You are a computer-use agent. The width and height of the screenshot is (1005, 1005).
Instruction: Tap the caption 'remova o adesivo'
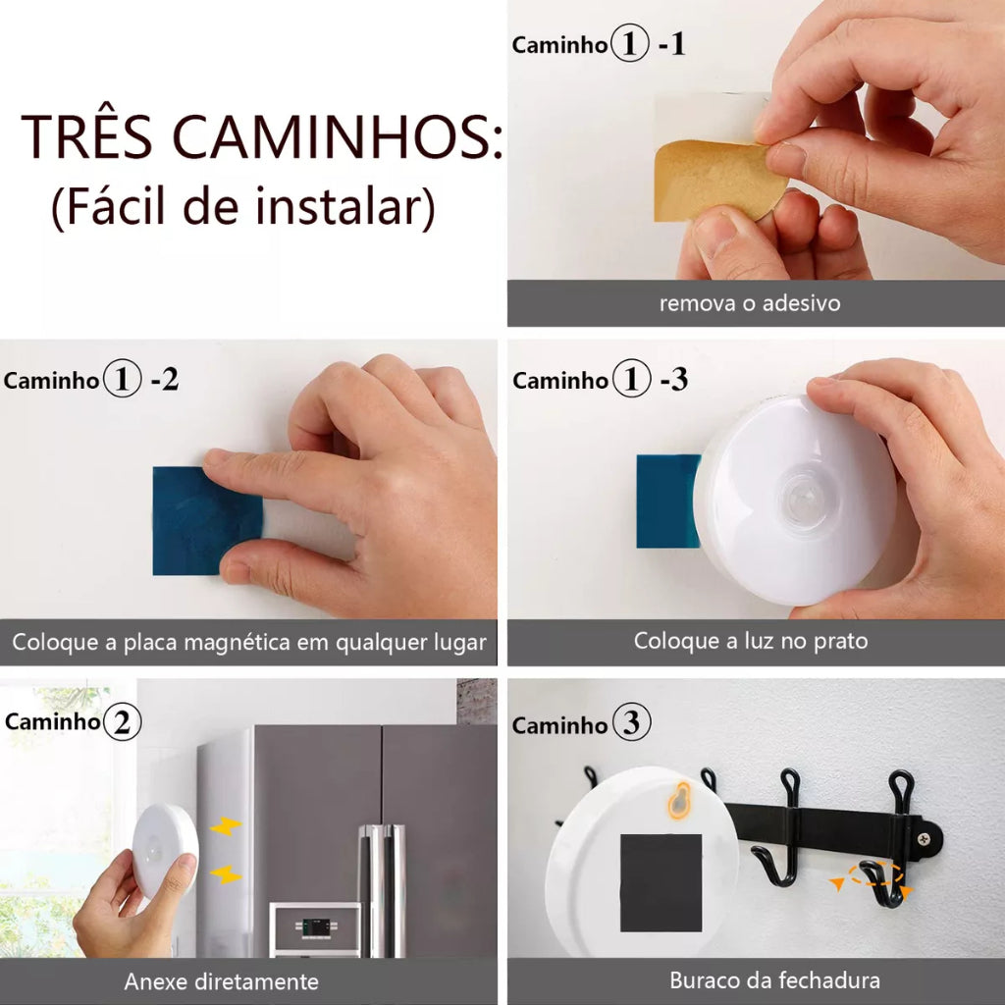coord(750,303)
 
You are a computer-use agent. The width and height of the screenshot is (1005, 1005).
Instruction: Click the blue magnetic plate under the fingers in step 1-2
coord(206,520)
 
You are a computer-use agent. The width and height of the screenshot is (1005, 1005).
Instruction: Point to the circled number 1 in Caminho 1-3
coord(631,378)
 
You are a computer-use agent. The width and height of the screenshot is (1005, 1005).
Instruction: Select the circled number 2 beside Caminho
coord(122,721)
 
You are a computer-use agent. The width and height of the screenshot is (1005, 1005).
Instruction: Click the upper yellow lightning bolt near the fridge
coord(226,826)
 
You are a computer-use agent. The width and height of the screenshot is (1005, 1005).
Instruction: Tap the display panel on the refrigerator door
coord(315,927)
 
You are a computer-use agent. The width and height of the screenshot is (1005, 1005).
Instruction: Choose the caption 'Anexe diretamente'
coord(221,981)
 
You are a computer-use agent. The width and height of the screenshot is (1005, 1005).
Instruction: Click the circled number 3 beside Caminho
coord(631,722)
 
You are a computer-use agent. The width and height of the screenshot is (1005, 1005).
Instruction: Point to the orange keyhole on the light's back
coord(679,801)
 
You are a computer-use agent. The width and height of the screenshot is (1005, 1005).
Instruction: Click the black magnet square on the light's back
coord(661,883)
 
